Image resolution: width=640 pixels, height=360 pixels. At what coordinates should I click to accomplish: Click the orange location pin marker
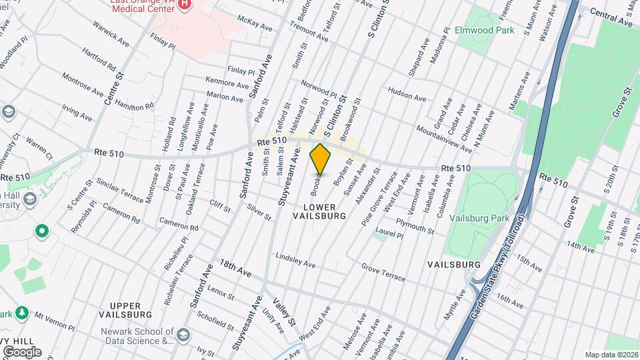click(x=320, y=159)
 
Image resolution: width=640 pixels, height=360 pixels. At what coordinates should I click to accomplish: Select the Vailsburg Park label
click(x=479, y=218)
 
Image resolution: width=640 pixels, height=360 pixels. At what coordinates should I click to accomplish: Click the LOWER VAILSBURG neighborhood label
click(x=320, y=212)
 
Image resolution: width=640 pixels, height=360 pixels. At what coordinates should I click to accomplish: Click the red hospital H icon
click(x=185, y=5)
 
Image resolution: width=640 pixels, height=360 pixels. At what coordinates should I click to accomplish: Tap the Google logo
click(x=21, y=351)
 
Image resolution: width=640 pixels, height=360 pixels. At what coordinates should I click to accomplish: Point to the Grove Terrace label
click(x=383, y=271)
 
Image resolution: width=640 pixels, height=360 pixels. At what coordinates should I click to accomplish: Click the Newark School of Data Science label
click(x=137, y=336)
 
